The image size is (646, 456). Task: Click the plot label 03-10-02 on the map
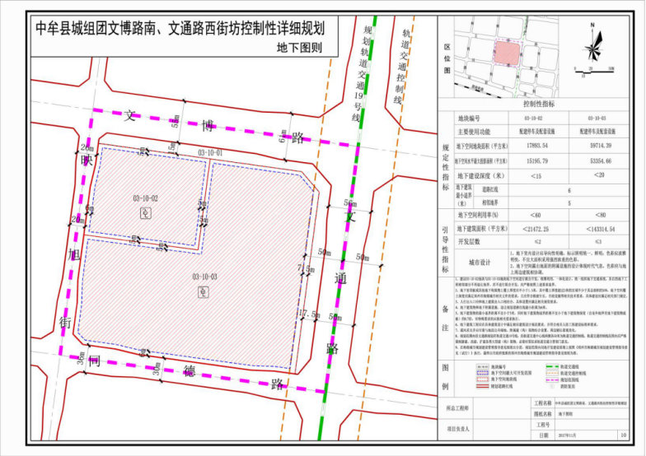[x=144, y=198]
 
